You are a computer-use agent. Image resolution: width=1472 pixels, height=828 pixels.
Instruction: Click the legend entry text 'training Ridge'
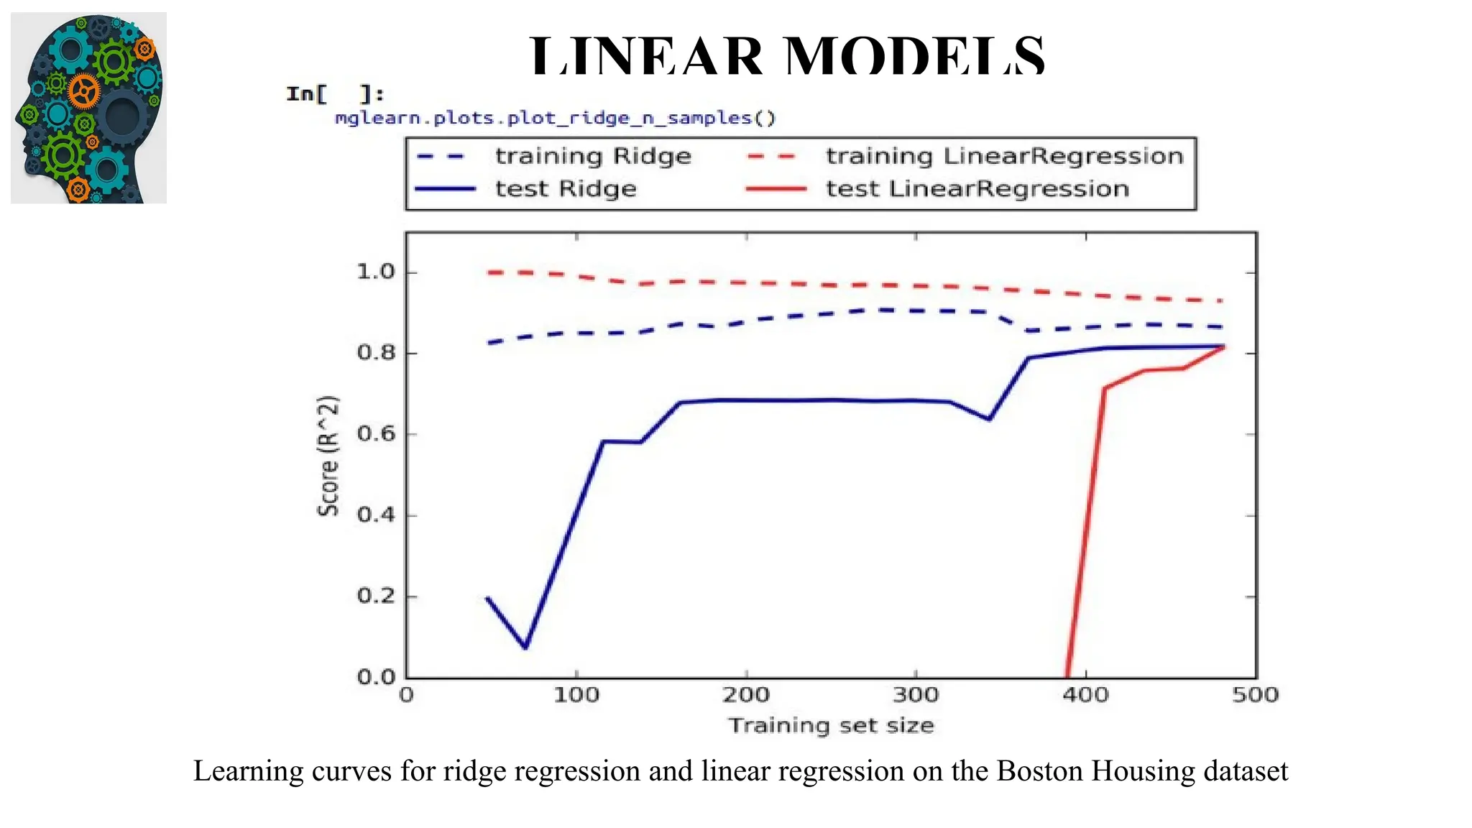tap(593, 156)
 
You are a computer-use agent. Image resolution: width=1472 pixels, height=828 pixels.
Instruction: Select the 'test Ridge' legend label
tap(566, 189)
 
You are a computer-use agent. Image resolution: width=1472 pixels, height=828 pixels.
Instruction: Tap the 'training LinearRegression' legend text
tap(1004, 156)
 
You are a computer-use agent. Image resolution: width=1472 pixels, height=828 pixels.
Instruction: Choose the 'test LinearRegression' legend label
tap(977, 189)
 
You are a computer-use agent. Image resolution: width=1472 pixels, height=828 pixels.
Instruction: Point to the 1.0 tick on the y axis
tap(376, 272)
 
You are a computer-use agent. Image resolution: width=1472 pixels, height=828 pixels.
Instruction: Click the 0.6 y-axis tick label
tap(376, 434)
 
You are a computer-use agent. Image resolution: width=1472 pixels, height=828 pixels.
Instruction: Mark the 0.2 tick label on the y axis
tap(376, 596)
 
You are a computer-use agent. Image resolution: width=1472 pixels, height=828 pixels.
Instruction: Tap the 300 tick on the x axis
tap(916, 695)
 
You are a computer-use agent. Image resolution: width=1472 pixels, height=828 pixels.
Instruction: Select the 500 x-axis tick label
tap(1255, 695)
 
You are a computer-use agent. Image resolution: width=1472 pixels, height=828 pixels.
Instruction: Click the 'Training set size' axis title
tap(831, 725)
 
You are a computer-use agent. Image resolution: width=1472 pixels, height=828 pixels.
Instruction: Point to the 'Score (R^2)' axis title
tap(328, 456)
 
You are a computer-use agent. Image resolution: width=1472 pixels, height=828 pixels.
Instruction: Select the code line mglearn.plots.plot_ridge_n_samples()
tap(555, 118)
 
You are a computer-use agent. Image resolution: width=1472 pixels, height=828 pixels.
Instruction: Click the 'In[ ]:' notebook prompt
tap(335, 94)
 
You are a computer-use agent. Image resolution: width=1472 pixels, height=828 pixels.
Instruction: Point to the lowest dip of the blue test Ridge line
tap(525, 647)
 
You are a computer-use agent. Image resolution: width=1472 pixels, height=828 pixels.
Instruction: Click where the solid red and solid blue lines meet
tap(1223, 346)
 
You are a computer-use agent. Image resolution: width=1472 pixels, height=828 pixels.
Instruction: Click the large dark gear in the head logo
tap(123, 115)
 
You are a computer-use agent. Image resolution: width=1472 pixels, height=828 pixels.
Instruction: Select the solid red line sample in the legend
tap(776, 189)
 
